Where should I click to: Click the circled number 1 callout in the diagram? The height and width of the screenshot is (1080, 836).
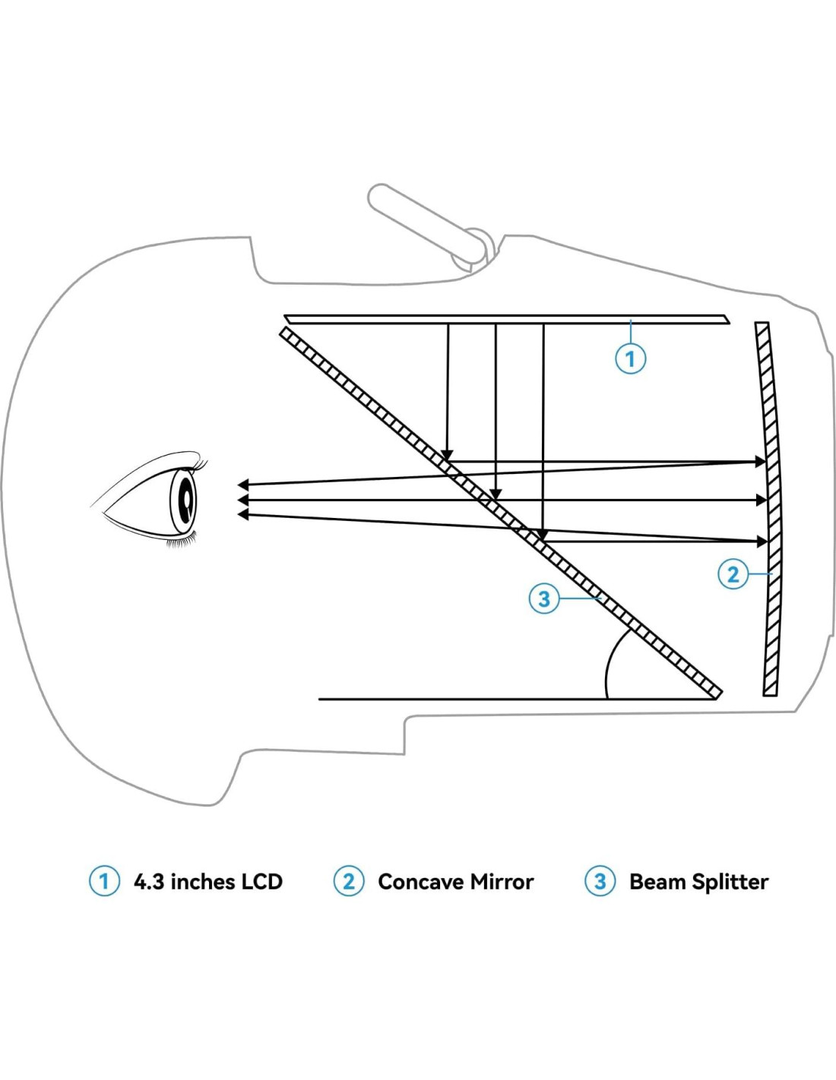pos(630,358)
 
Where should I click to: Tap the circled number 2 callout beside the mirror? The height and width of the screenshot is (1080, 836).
pos(733,573)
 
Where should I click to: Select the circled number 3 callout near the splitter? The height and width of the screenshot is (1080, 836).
pos(543,598)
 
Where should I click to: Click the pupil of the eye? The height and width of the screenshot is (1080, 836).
pos(185,501)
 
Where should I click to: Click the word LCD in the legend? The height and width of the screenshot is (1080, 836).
pos(261,881)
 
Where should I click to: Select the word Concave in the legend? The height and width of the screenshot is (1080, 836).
pos(420,881)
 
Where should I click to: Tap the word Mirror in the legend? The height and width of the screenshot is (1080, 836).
pos(502,881)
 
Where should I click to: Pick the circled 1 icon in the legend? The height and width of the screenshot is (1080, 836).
pos(104,881)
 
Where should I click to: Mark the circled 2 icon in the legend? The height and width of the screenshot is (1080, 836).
pos(348,881)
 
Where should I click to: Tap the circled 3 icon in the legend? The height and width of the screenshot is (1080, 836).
pos(600,881)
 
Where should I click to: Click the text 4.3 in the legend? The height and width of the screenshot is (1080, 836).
pos(149,881)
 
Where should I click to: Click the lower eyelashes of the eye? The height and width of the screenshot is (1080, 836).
pos(180,542)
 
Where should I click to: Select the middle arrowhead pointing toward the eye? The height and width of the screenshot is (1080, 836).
pos(243,500)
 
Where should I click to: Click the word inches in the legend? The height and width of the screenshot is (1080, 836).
pos(203,881)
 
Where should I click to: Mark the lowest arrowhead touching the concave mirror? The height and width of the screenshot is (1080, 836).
pos(761,542)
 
